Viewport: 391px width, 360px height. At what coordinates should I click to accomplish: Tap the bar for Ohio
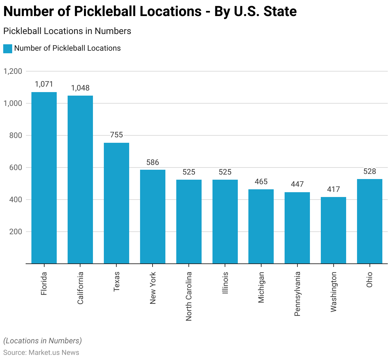pos(370,221)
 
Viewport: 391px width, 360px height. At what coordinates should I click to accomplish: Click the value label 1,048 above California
pos(80,88)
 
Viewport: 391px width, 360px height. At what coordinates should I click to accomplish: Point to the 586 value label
pos(153,162)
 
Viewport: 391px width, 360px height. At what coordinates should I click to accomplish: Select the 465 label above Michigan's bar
pos(261,182)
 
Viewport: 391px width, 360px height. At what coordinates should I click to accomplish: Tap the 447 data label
pos(297,184)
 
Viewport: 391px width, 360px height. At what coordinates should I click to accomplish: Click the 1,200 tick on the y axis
pos(13,71)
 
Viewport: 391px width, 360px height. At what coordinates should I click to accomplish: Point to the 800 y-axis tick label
pos(16,135)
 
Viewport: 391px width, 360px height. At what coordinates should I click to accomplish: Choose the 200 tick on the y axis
pos(16,232)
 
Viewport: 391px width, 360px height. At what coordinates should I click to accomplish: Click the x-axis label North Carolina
pos(189,296)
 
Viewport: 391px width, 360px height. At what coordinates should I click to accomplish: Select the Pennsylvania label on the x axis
pos(297,294)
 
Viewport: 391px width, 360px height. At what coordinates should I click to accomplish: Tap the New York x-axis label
pos(153,288)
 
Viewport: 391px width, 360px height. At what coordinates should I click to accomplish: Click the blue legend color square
pos(8,48)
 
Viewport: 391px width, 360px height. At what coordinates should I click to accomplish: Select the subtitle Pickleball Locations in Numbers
pos(67,31)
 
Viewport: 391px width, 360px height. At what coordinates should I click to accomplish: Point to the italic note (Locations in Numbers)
pos(43,341)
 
